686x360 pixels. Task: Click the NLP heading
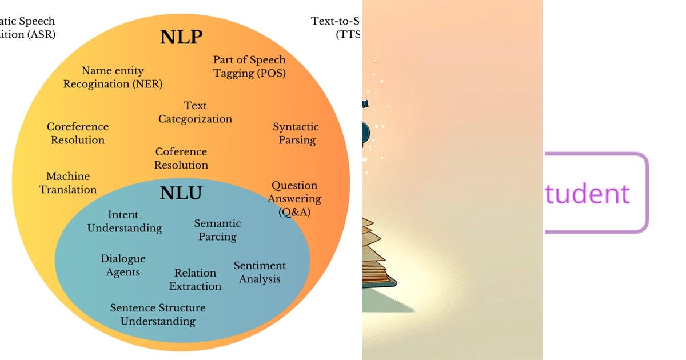coord(181,38)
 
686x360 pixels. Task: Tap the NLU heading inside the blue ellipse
coord(181,193)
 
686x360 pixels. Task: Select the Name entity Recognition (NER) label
coord(113,78)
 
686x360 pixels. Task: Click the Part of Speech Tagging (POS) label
coord(249,66)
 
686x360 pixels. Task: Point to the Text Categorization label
coord(195,113)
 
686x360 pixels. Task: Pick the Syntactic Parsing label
coord(296,133)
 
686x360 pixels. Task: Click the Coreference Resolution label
coord(78,133)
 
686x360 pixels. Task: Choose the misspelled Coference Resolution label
coord(181,158)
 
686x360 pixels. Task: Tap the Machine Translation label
coord(68,183)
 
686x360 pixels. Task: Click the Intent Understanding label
coord(124,221)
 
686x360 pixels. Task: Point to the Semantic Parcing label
coord(217,230)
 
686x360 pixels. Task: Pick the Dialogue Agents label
coord(123,265)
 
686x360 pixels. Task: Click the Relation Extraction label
coord(195,279)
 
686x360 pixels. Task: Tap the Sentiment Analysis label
coord(260,272)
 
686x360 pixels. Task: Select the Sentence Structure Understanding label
coord(158,314)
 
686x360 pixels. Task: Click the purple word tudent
coord(587,193)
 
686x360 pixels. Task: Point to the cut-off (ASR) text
coord(27,34)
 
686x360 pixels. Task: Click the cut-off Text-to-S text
coord(337,21)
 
